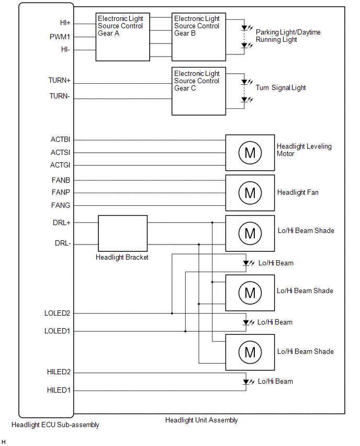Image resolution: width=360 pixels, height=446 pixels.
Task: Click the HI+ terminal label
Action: coord(65,23)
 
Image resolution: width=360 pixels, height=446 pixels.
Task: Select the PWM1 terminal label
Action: coord(60,37)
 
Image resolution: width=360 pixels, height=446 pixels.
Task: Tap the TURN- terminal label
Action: coord(60,96)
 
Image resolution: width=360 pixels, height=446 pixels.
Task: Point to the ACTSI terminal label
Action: coord(61,153)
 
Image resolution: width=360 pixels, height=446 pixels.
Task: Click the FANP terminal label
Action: coord(61,192)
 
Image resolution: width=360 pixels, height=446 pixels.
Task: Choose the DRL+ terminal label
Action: coord(62,222)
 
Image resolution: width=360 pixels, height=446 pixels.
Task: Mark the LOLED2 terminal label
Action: coord(58,313)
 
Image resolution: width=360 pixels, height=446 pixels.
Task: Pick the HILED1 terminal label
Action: coord(59,390)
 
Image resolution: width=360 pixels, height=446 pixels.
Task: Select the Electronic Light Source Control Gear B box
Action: coord(199,37)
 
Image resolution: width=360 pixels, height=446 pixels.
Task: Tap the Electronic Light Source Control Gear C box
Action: coord(199,91)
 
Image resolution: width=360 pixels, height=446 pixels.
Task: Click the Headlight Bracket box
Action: coord(122,233)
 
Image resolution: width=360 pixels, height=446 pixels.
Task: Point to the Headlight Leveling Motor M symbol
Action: coord(250,152)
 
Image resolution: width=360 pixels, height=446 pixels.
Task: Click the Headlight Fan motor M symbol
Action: coord(250,193)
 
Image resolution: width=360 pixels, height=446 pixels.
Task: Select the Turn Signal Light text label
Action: coord(280,88)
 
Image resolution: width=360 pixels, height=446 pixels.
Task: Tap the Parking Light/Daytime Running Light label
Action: coord(288,36)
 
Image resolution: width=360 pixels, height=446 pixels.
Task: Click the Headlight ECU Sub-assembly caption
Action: coord(55,425)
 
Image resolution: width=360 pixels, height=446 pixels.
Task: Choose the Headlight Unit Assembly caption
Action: coord(201,420)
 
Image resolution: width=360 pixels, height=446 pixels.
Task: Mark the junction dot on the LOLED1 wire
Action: coord(185,331)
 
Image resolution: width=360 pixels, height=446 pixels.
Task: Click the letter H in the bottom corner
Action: coord(4,442)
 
